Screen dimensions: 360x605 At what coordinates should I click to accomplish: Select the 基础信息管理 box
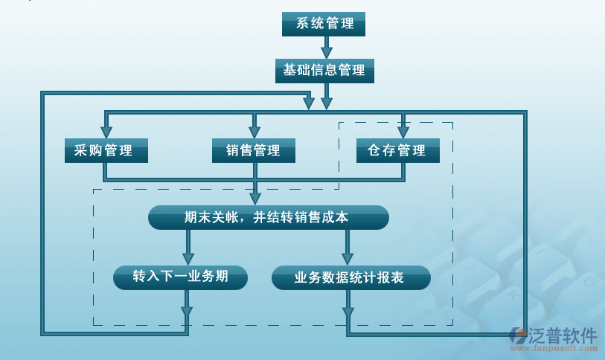[324, 71]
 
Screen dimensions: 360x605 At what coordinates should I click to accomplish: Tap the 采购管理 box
[106, 150]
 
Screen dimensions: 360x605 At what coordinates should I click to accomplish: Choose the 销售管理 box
[254, 150]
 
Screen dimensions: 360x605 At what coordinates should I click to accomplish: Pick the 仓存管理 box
[397, 150]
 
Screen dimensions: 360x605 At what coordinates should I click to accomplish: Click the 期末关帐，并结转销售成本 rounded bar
[268, 218]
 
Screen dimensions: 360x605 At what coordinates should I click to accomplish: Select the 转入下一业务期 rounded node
[180, 277]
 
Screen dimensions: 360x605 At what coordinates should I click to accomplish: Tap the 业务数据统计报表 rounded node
[350, 277]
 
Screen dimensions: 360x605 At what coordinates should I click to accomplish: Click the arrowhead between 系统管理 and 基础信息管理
[326, 52]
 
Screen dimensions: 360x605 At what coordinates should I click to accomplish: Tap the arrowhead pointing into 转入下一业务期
[188, 259]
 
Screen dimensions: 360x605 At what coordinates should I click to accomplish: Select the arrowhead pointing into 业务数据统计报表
[348, 259]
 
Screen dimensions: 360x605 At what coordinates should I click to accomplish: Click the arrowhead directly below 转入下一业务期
[187, 312]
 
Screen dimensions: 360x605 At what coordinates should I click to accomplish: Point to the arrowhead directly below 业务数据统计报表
[348, 312]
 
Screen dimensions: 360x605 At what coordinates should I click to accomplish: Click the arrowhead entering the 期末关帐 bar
[255, 199]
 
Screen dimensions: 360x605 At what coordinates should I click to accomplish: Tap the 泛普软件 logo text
[563, 334]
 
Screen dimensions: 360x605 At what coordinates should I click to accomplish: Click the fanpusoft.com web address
[563, 347]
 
